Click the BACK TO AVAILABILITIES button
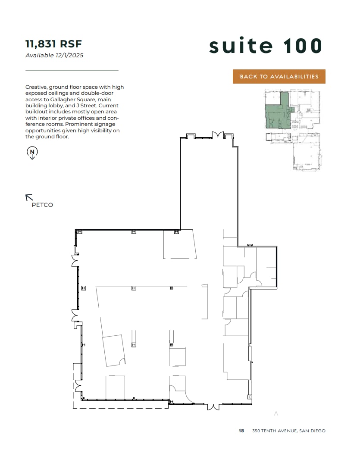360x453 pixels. tap(279, 76)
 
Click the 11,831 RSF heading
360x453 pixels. tap(53, 44)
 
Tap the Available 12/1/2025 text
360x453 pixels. tap(54, 55)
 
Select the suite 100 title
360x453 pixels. tap(266, 46)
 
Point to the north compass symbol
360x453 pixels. tap(32, 152)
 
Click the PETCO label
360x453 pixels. tap(42, 205)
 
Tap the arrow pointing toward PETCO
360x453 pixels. tap(29, 197)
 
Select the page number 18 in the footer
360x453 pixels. tap(241, 431)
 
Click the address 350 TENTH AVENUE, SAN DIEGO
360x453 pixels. tap(289, 431)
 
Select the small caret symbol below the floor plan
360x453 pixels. tap(276, 414)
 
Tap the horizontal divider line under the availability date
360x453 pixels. tap(72, 70)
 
